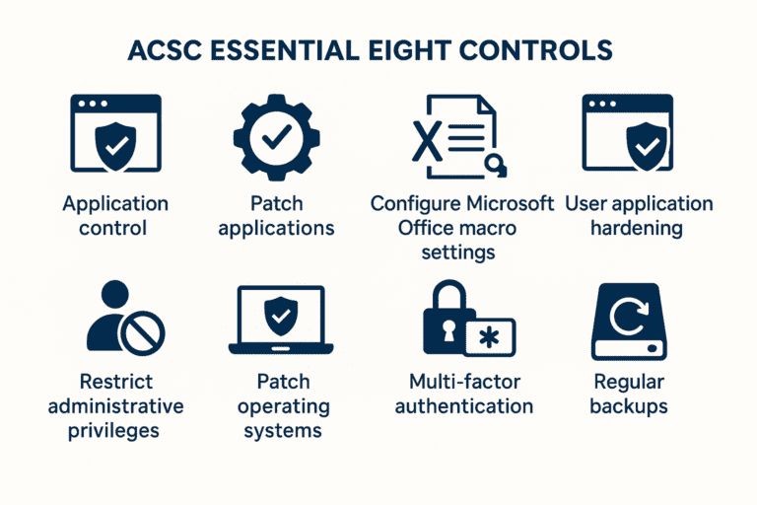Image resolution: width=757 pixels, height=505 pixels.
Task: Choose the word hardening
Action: (x=638, y=228)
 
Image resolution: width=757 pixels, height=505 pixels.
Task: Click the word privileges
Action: (x=115, y=430)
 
